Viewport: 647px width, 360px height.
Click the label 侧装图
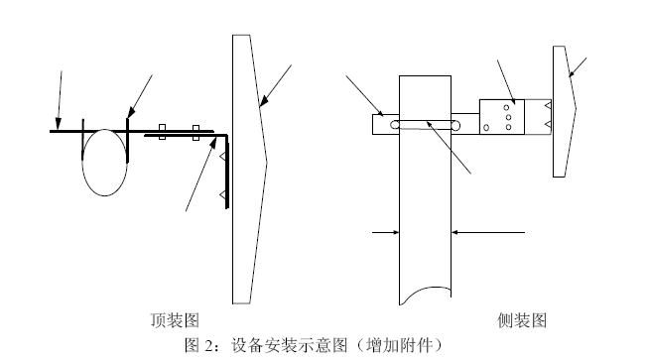click(522, 320)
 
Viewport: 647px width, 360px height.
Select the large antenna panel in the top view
click(247, 169)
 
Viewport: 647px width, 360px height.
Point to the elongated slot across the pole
click(425, 125)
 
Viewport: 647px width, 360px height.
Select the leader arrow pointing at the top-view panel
click(277, 83)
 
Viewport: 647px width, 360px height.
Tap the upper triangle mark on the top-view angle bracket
click(223, 157)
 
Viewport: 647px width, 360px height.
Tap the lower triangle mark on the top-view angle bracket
click(223, 195)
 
